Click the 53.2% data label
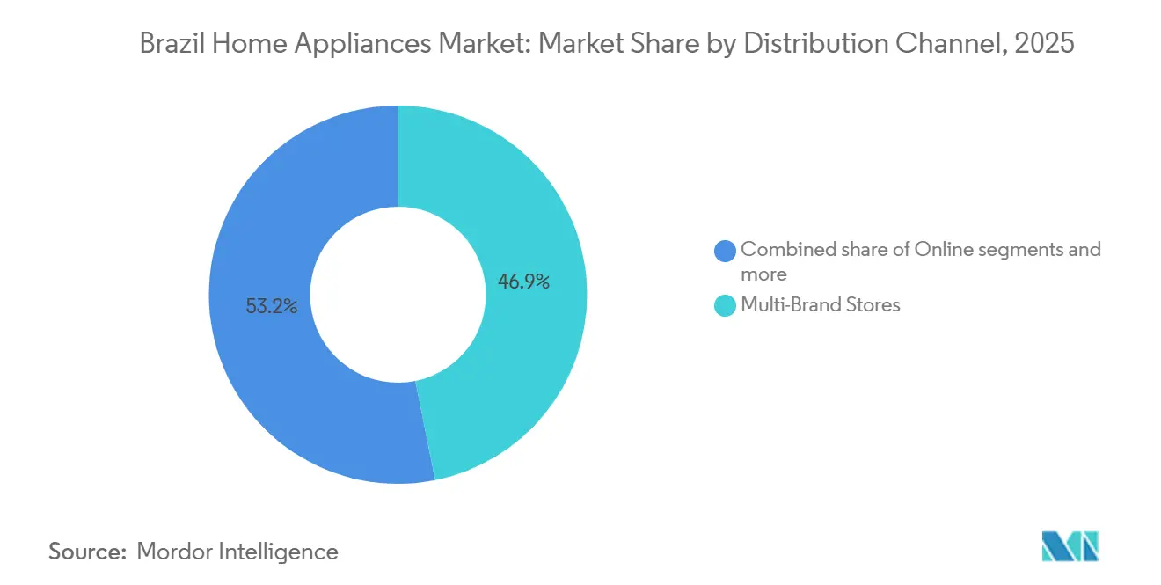point(272,306)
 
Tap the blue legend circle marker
point(725,251)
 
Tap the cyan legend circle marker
point(725,305)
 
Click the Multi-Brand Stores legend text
point(820,305)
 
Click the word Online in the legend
point(943,250)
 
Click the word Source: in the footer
point(88,552)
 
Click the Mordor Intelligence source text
point(237,552)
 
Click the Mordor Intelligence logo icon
point(1070,546)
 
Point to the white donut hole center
point(398,295)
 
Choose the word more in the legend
point(763,274)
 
